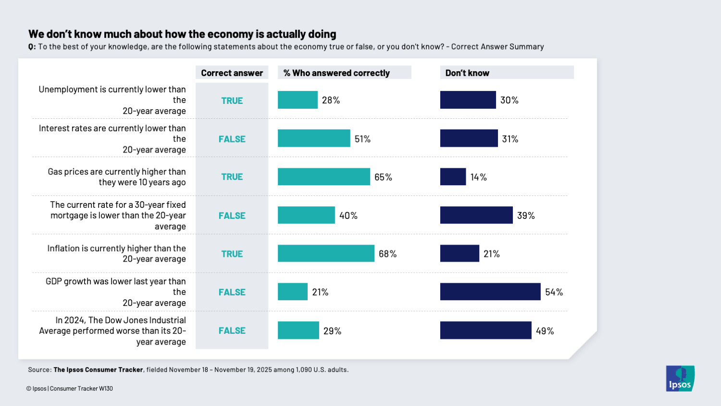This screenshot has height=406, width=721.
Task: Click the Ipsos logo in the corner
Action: pos(680,379)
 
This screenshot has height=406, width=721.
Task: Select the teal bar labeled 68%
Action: pos(326,254)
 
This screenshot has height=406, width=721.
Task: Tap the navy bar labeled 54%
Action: pos(490,292)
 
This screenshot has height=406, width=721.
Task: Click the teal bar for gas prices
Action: pos(324,177)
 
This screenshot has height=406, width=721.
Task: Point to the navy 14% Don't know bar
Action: pos(453,177)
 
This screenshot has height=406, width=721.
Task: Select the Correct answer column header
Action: pos(232,73)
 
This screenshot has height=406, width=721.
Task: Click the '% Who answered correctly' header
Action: pos(336,73)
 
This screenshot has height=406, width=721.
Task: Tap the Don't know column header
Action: pos(467,73)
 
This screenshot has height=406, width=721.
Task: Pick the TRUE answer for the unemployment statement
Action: pos(232,101)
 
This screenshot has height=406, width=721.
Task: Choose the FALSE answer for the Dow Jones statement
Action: pos(232,331)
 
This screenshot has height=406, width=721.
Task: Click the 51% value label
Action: pos(362,139)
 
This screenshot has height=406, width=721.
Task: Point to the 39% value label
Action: pos(526,216)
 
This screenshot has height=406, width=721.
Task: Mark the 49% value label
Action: pos(545,331)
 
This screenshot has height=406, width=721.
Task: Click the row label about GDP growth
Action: pos(115,292)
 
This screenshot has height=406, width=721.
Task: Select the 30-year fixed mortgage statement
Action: pos(118,216)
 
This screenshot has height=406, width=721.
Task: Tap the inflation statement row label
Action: pos(116,254)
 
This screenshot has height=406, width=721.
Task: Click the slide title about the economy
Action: pos(182,34)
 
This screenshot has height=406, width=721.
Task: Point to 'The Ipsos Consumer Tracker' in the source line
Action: pos(98,370)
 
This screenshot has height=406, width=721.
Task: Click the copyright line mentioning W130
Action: pos(70,389)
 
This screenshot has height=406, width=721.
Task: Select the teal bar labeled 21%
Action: pos(292,292)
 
